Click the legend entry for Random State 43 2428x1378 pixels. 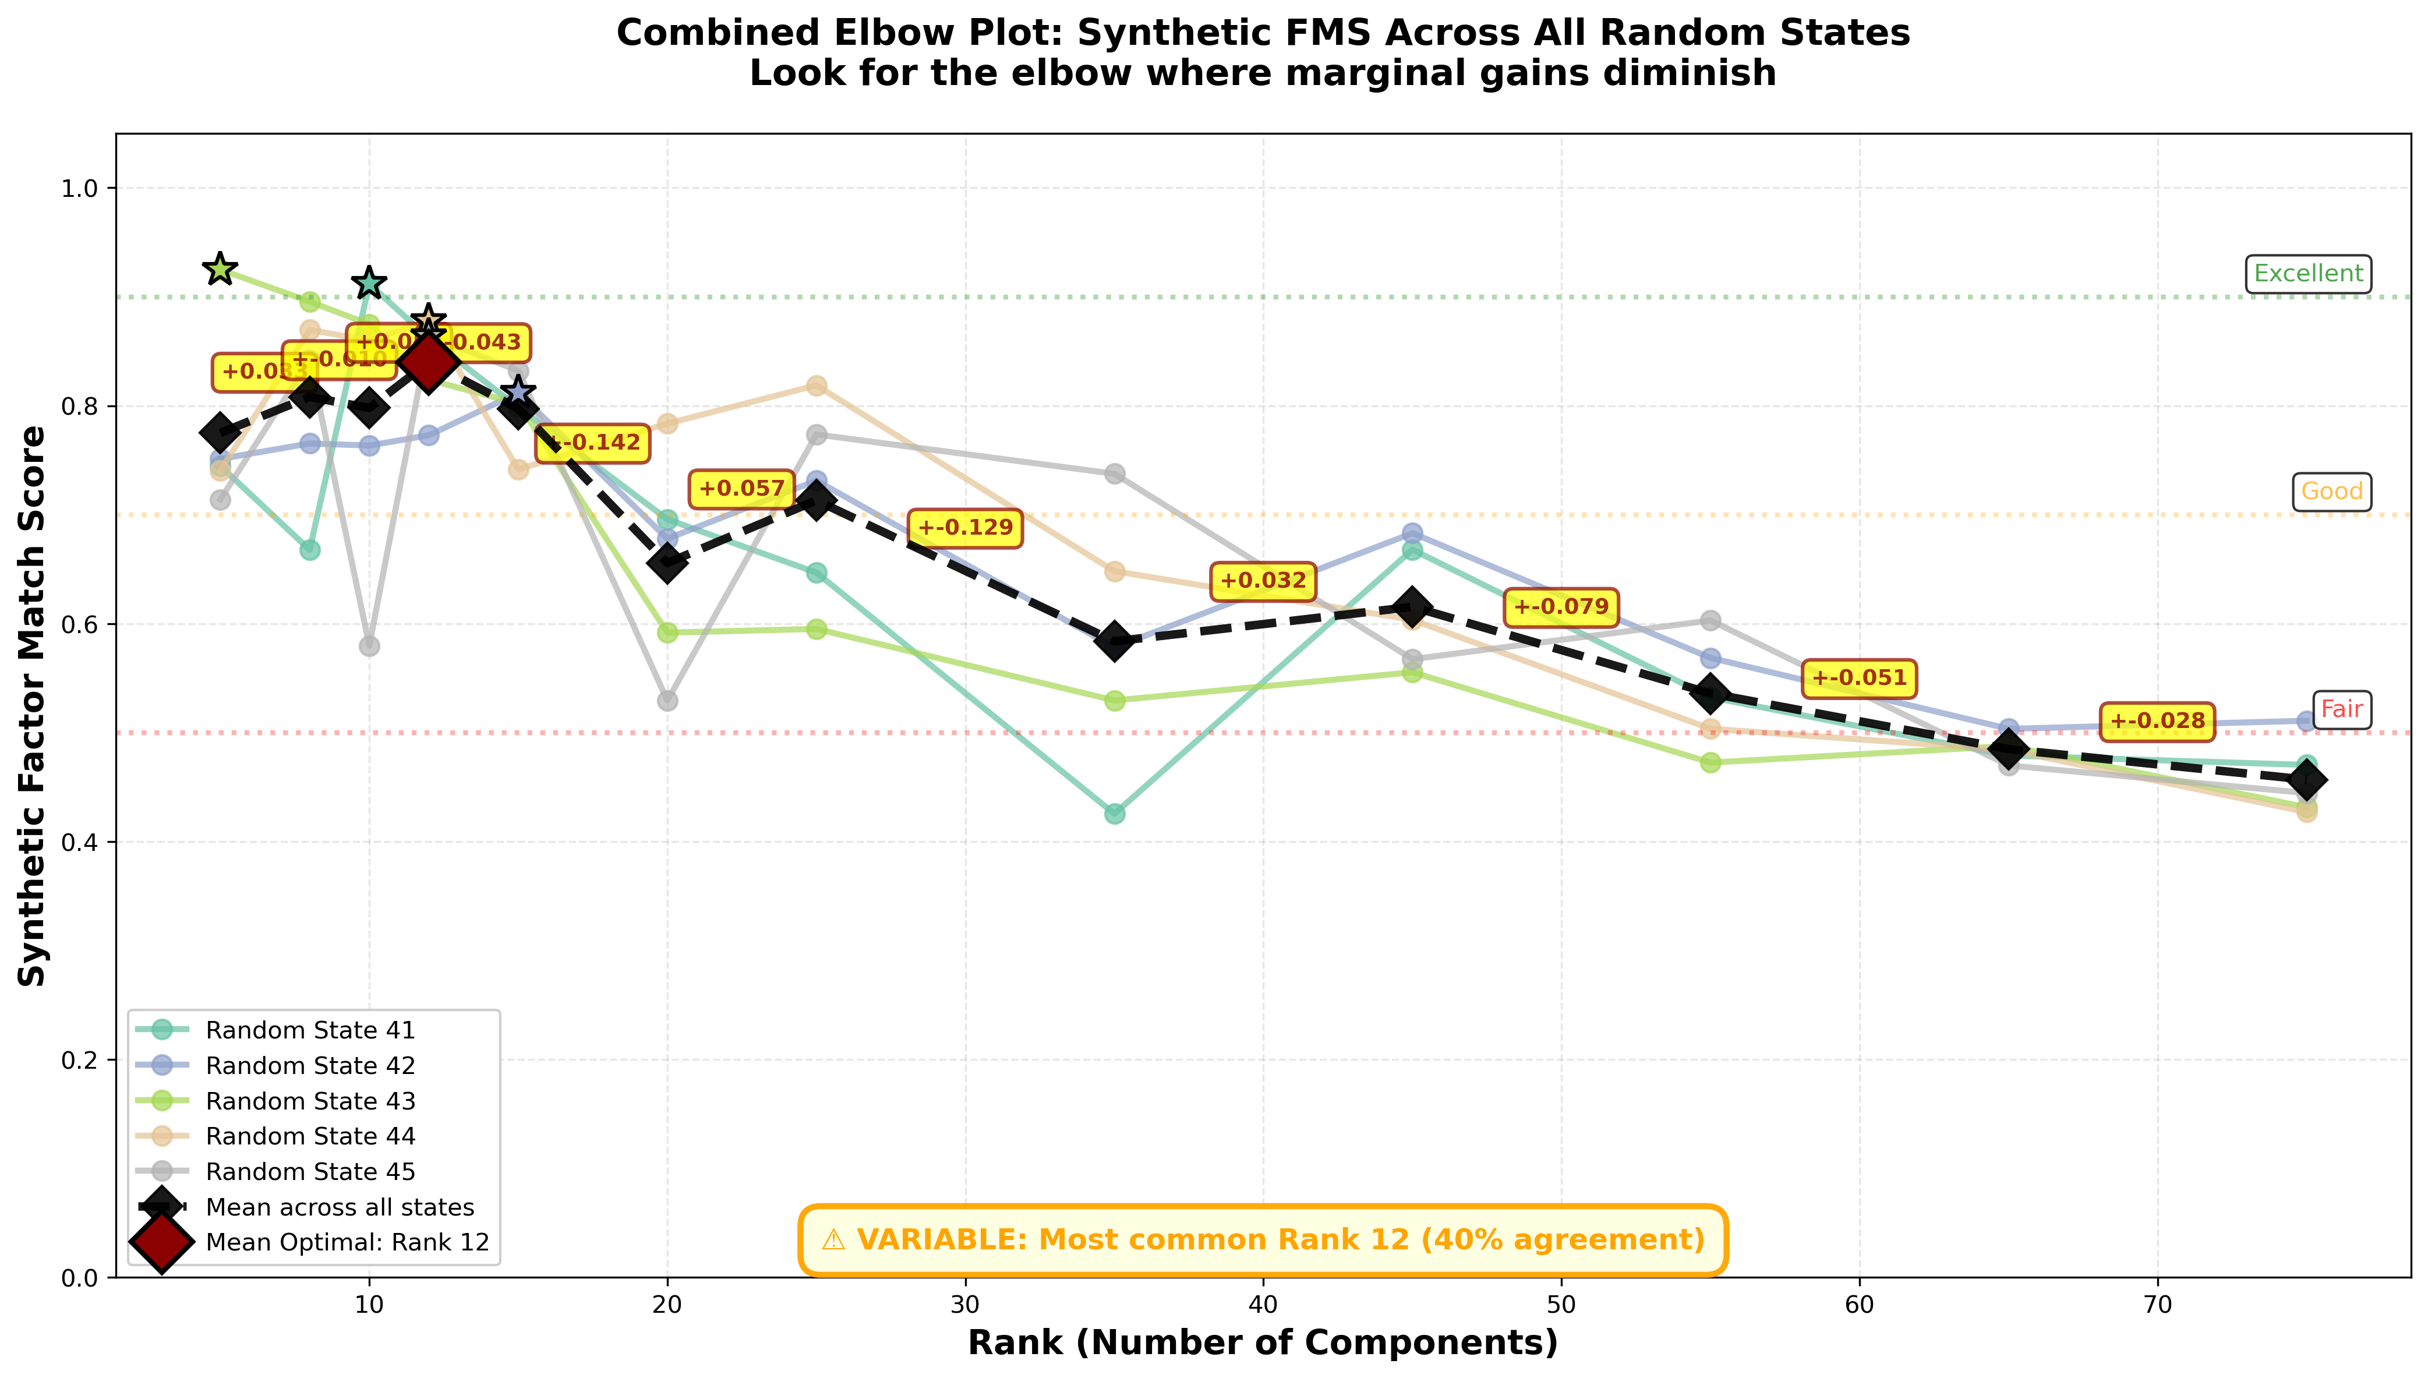click(309, 1101)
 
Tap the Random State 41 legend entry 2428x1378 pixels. click(309, 1030)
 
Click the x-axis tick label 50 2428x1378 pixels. click(1560, 1306)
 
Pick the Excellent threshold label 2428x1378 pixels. click(2308, 274)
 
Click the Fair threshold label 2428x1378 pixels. click(2342, 709)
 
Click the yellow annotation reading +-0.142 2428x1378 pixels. click(593, 442)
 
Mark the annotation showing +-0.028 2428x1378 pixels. click(2157, 721)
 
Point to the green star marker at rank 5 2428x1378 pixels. click(220, 269)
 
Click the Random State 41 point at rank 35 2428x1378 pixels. click(1115, 814)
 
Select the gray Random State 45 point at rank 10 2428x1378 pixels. click(369, 645)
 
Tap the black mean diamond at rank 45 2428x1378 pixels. click(1412, 607)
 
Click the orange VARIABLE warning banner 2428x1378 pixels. click(1262, 1240)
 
